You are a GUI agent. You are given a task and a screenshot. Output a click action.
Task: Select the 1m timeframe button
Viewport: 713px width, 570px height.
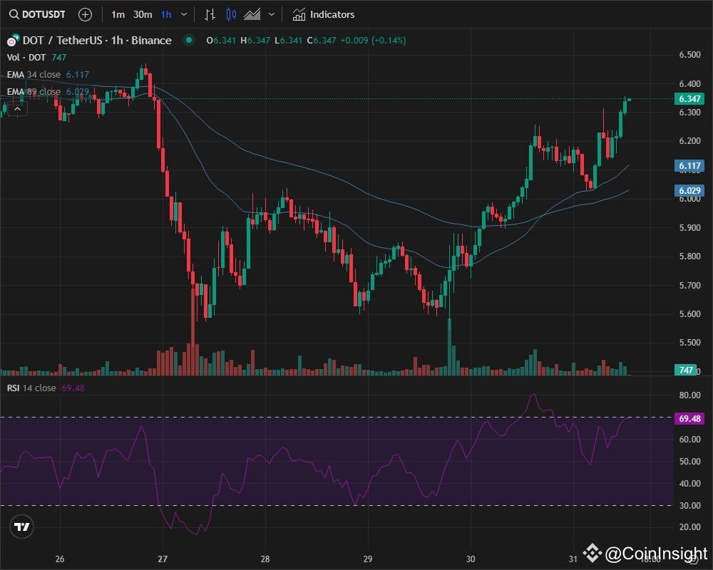[x=118, y=14]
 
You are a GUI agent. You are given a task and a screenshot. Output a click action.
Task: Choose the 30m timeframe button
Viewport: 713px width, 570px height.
[x=143, y=14]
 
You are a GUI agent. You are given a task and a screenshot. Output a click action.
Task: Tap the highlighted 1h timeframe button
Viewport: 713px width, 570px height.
[x=166, y=14]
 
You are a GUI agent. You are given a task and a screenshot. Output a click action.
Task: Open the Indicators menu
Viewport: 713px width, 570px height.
[x=324, y=14]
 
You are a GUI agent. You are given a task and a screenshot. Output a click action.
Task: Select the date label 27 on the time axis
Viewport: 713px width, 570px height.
[x=163, y=559]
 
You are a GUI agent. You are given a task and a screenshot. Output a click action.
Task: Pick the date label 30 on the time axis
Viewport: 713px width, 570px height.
[x=471, y=559]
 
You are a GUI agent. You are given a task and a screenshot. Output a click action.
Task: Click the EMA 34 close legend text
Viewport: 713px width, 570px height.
[x=34, y=74]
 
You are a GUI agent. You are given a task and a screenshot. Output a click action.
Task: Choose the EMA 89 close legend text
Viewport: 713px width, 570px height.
[x=34, y=91]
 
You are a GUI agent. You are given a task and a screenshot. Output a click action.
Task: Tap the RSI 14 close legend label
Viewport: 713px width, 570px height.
[x=31, y=388]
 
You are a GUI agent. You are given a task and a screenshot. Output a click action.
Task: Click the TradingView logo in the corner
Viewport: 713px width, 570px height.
[x=22, y=527]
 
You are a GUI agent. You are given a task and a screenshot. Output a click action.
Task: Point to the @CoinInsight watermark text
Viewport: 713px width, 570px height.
[x=656, y=553]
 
